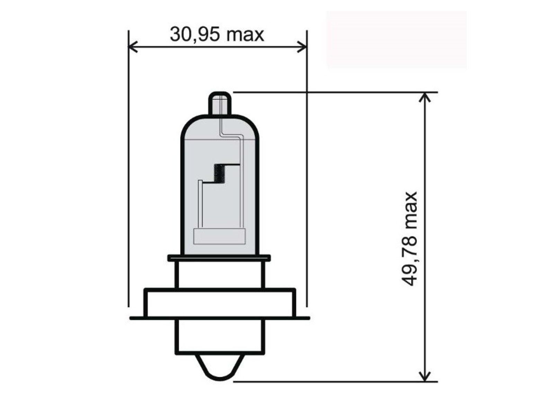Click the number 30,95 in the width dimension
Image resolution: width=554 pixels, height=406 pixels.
(195, 35)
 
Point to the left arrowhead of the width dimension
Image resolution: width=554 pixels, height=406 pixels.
(133, 47)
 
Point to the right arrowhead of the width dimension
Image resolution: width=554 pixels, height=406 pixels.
(302, 47)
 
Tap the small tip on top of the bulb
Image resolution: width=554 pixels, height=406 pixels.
(220, 103)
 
